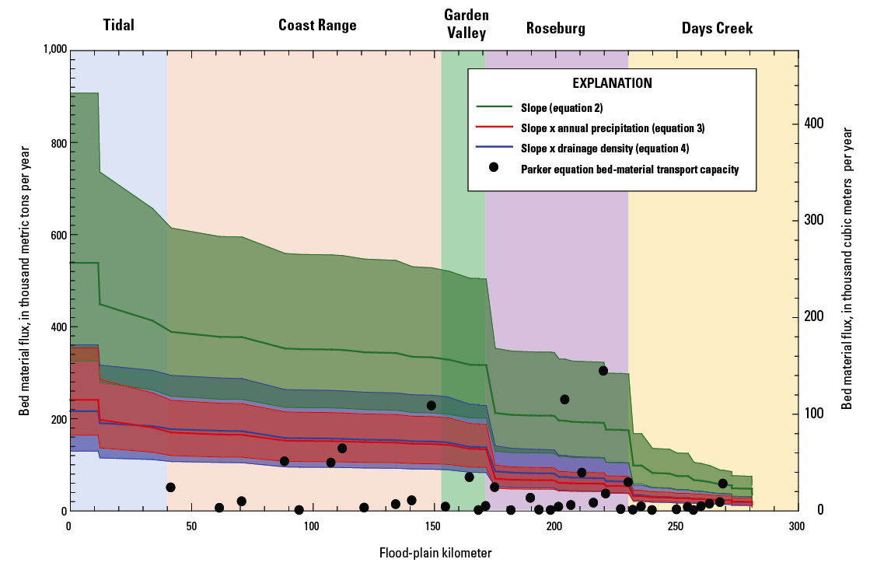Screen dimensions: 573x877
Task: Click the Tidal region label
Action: [119, 26]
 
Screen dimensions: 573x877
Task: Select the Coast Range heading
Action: [317, 26]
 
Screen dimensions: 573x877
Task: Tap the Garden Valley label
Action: [465, 24]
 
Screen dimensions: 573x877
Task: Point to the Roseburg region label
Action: [555, 30]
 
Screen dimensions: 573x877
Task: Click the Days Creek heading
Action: [717, 30]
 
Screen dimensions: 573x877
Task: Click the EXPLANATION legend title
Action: [612, 83]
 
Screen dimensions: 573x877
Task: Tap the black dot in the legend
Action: [493, 168]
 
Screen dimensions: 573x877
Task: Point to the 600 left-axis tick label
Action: [58, 236]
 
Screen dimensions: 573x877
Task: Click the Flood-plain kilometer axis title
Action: [435, 554]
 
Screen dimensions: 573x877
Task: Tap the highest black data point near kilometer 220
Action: [603, 371]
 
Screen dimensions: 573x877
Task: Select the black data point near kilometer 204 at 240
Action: [564, 400]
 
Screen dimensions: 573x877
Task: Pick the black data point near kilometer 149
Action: [432, 405]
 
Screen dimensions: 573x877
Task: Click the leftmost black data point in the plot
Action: [170, 487]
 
